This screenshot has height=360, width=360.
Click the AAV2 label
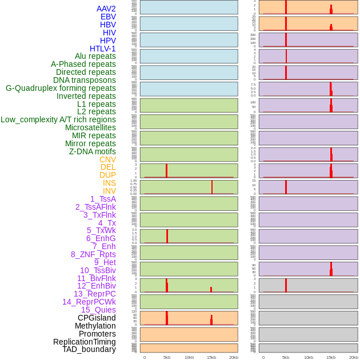tap(106, 9)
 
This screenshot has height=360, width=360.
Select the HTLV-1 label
tap(103, 49)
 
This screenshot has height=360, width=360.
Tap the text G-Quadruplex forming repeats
tap(61, 88)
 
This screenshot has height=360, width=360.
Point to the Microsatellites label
tap(90, 127)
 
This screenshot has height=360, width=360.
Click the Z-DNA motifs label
tap(93, 151)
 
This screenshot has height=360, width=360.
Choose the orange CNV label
tap(107, 159)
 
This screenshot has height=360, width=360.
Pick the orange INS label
tap(109, 183)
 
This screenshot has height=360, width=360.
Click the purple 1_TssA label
tap(103, 199)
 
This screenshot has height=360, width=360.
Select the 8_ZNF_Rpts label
tap(93, 254)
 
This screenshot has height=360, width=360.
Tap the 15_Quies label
tap(98, 310)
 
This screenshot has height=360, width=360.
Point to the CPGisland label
tap(97, 318)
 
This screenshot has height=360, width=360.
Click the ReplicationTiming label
tap(85, 342)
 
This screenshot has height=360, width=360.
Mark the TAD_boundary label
tap(89, 349)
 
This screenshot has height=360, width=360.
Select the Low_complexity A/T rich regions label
tap(58, 119)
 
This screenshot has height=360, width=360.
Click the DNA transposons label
tap(85, 80)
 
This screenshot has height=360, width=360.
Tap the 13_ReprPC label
tap(94, 294)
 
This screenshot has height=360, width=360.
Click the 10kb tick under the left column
tap(189, 357)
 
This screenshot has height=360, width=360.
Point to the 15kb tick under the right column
tap(331, 357)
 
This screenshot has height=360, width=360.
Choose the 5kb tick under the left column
tap(167, 357)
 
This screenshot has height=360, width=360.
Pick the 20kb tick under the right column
tap(353, 357)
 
